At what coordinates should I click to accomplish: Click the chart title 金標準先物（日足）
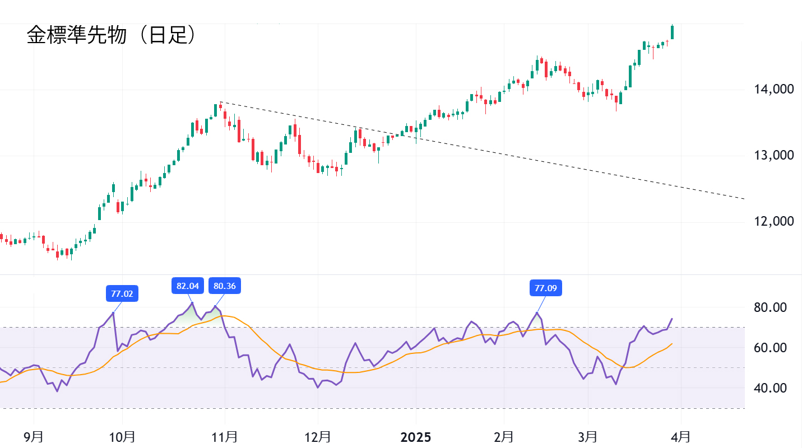(112, 36)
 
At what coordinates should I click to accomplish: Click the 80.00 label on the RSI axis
(771, 307)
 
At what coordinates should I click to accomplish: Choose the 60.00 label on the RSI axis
(771, 348)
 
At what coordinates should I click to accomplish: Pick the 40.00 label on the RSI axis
(771, 388)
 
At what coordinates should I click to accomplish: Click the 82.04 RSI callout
(187, 286)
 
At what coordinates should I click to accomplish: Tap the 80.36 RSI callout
(225, 286)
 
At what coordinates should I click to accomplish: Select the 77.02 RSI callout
(122, 293)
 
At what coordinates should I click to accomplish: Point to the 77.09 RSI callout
(546, 288)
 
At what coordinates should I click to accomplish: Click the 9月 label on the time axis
(34, 437)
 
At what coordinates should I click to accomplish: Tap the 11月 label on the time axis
(225, 437)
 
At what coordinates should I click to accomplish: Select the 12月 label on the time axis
(318, 437)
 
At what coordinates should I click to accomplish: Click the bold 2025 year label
(416, 437)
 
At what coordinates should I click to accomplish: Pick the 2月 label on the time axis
(504, 437)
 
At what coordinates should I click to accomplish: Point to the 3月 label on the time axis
(588, 437)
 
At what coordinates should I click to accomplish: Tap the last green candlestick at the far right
(672, 32)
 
